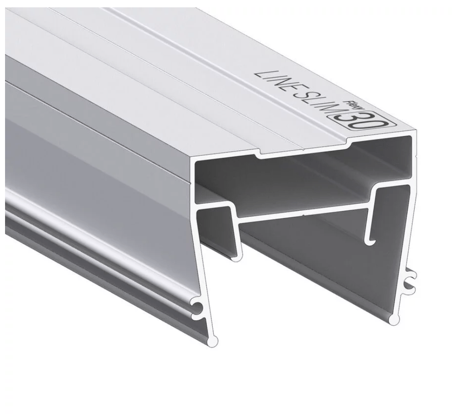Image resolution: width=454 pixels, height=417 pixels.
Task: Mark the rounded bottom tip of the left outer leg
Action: point(213,341)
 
